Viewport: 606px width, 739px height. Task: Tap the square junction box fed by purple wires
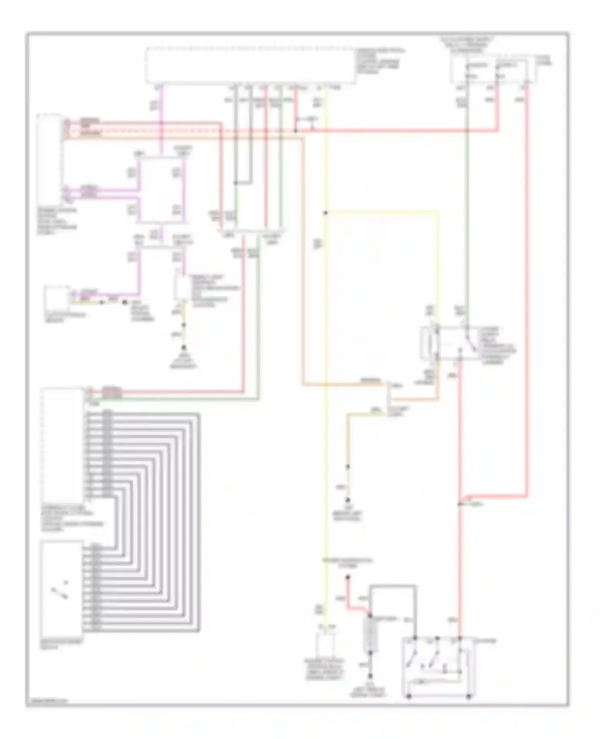tap(161, 190)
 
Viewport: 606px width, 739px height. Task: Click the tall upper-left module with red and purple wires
tap(49, 158)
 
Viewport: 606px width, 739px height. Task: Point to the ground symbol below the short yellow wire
tap(184, 348)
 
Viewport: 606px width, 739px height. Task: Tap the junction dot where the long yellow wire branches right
tap(325, 213)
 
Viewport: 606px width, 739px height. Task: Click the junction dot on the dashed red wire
tap(296, 131)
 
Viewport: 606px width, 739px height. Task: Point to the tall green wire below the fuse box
tap(467, 202)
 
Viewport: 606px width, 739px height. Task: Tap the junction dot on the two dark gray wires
tap(236, 183)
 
